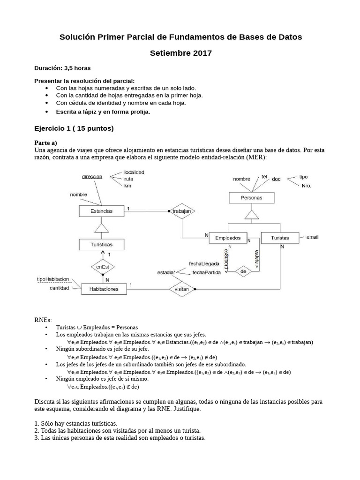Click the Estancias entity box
(101, 211)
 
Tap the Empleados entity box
(228, 238)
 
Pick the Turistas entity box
(280, 238)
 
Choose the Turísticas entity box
(101, 244)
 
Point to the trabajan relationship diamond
(181, 211)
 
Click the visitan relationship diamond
(181, 289)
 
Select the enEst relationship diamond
(102, 267)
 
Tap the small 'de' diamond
(243, 271)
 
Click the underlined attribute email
(312, 237)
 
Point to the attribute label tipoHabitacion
(53, 279)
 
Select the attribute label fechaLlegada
(203, 263)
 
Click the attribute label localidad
(134, 172)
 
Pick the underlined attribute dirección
(92, 177)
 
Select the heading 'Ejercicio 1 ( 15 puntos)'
(74, 128)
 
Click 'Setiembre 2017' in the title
(180, 53)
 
